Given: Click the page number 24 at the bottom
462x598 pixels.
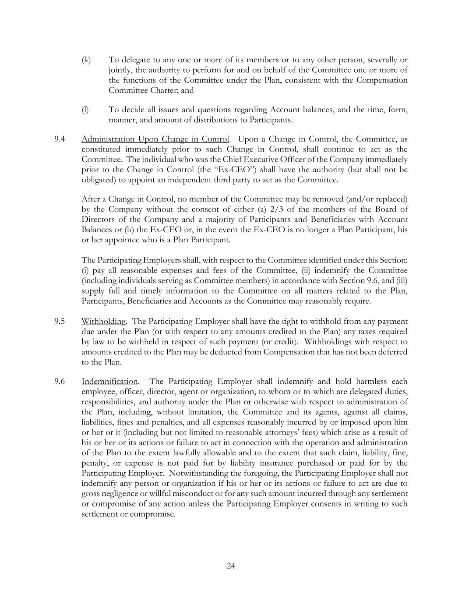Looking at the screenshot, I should (x=231, y=566).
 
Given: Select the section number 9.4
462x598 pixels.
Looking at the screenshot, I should (x=60, y=139).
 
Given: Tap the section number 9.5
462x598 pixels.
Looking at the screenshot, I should (x=60, y=322).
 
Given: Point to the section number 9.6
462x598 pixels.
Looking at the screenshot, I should (x=60, y=382).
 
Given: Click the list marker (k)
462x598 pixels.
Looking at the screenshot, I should (x=86, y=60).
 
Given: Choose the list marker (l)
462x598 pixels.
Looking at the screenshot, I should (x=85, y=110).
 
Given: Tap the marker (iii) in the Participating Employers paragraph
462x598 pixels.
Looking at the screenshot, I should (x=402, y=281).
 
